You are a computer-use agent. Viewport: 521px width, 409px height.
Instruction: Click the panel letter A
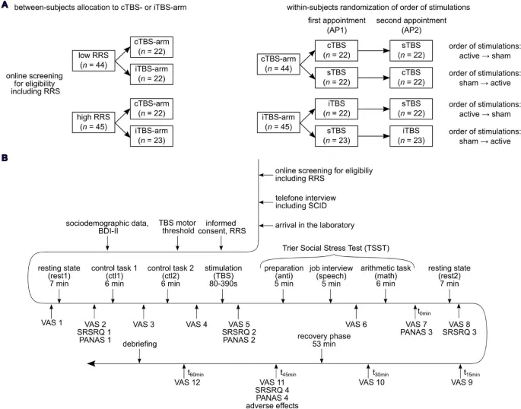(x=5, y=5)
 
